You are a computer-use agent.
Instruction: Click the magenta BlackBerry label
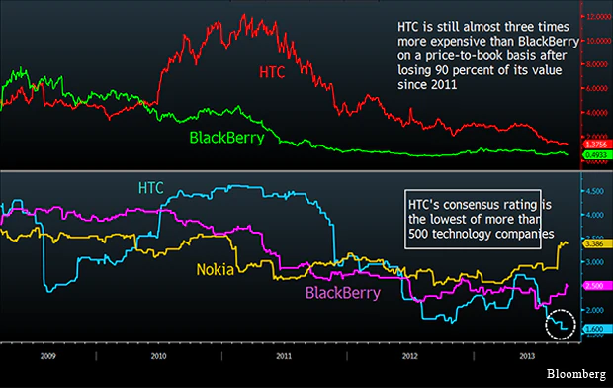pyautogui.click(x=344, y=293)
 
